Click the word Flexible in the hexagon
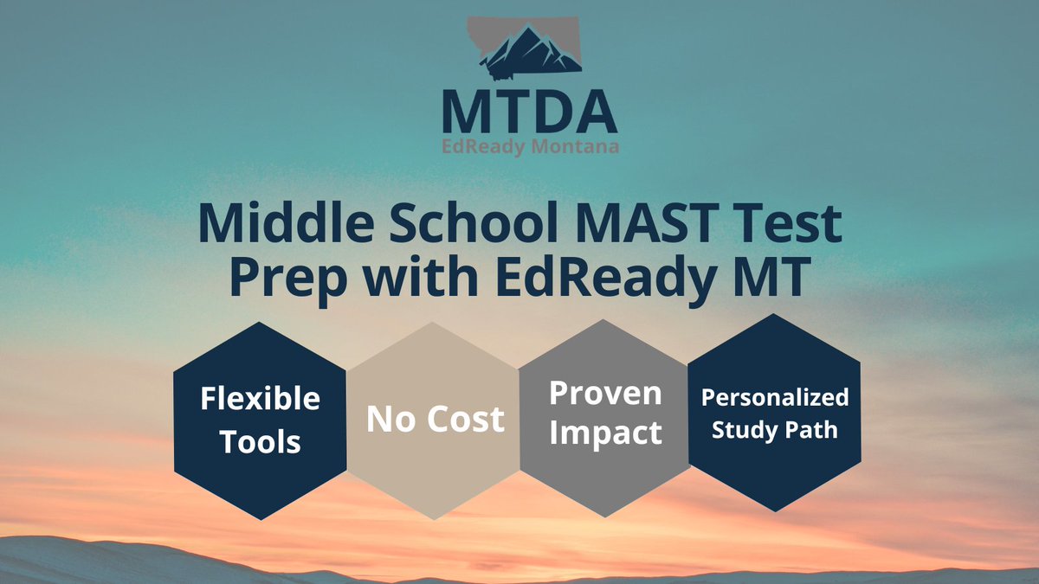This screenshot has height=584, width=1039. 260,399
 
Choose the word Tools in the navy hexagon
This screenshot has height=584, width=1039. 260,441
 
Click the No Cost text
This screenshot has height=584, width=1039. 435,420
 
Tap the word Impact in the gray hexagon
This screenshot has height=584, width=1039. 605,432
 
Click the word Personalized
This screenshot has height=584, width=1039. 775,397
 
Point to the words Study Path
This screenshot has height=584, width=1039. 775,428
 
